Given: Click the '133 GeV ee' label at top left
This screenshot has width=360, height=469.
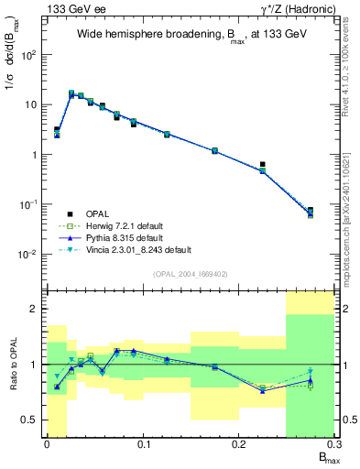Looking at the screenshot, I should (x=71, y=9).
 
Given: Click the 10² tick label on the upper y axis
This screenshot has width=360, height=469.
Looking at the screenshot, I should (x=30, y=55).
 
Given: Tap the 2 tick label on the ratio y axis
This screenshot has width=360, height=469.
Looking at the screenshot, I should (x=36, y=310).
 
